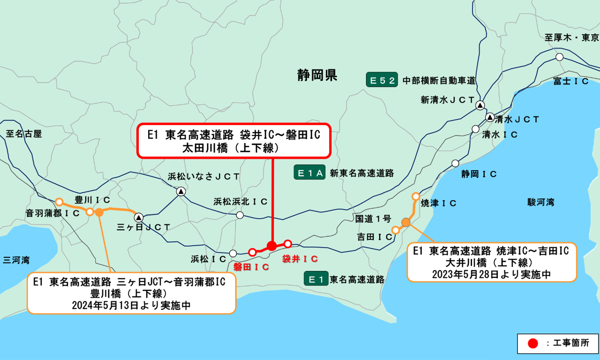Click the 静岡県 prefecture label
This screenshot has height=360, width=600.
coord(317,75)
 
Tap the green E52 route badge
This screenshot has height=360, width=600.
coord(382,80)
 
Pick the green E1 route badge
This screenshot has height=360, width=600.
coord(315,279)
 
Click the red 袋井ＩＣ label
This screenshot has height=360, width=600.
coord(300,258)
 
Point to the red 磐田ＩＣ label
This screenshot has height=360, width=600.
coord(251,267)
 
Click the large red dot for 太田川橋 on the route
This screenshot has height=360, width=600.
coord(272,246)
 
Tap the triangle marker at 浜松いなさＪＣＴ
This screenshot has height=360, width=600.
coord(181,191)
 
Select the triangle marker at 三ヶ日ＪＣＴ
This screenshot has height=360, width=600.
coord(139,217)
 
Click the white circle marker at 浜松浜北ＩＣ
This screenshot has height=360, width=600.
coord(240,215)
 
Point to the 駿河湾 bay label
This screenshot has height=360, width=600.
coord(540,202)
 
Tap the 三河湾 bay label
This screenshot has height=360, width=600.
coord(16,259)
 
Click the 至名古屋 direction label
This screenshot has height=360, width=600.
coord(24,134)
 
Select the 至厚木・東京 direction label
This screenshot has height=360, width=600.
coord(571,37)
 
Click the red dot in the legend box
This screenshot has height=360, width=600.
coord(532,343)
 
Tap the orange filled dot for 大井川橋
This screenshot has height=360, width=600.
coord(406,222)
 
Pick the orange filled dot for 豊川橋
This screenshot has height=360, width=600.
coord(99,212)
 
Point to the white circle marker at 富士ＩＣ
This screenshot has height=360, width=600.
coord(559,57)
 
